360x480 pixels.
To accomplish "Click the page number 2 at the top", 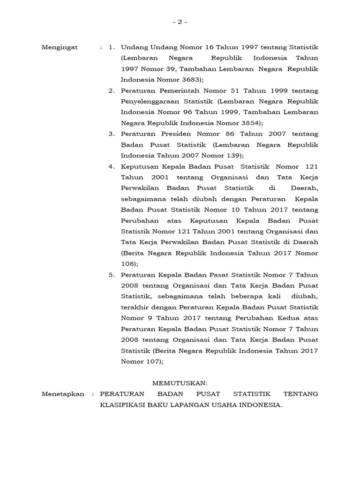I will pyautogui.click(x=180, y=22).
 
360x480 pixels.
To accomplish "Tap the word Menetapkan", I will pyautogui.click(x=63, y=394).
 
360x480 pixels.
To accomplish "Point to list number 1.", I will pyautogui.click(x=111, y=47).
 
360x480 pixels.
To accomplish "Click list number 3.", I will pyautogui.click(x=111, y=134).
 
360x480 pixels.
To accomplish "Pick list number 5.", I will pyautogui.click(x=111, y=275).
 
